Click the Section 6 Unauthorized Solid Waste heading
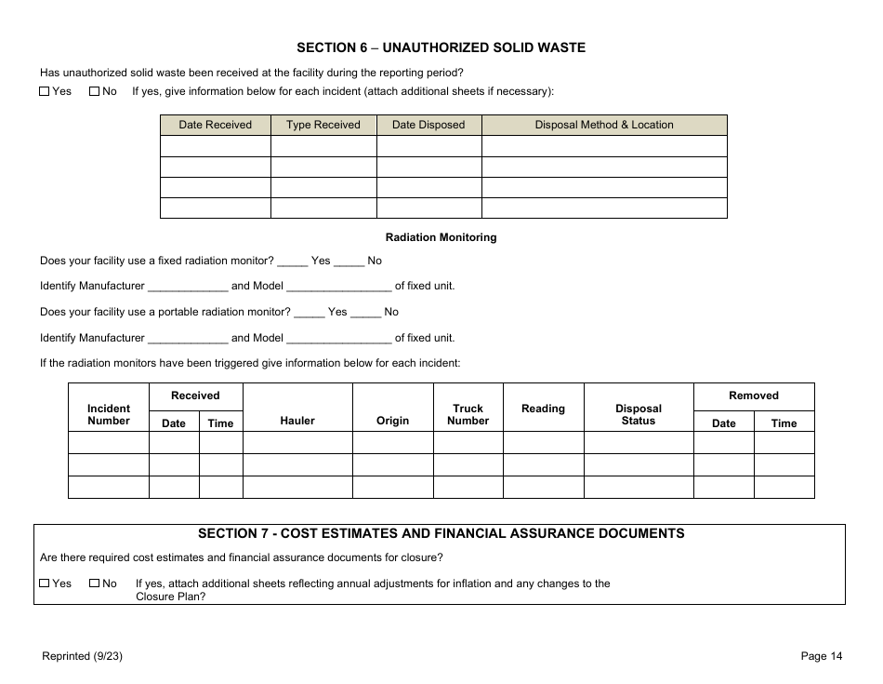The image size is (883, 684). [441, 47]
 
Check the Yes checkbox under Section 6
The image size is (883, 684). [45, 91]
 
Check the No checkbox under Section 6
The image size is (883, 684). [94, 91]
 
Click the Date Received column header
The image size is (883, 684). [215, 125]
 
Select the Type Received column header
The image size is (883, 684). [323, 125]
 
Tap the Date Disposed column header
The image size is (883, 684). [428, 125]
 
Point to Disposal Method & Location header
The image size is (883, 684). [603, 125]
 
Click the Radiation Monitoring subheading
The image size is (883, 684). [441, 237]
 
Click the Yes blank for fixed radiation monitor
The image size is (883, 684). [292, 262]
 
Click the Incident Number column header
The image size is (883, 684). [109, 414]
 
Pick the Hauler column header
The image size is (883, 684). [297, 421]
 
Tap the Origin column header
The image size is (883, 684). [392, 421]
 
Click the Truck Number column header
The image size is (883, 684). [468, 414]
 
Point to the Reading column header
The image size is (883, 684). [543, 409]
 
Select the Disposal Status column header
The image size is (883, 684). [639, 414]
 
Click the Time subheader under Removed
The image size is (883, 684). [784, 423]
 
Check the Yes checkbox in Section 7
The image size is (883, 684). [45, 583]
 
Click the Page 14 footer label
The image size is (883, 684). [822, 656]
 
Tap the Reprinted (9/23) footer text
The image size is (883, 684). [83, 656]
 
